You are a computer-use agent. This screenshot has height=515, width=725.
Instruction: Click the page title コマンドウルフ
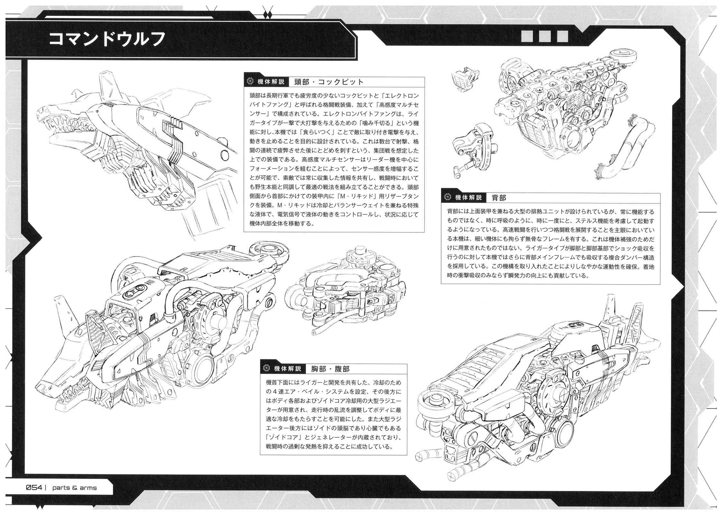(107, 39)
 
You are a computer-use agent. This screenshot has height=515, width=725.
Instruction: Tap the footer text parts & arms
(75, 488)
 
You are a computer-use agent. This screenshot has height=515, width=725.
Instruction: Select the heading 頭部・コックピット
(329, 82)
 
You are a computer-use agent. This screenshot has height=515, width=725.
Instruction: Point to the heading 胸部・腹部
(330, 369)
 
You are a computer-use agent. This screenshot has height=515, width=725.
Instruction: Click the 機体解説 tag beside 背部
(468, 197)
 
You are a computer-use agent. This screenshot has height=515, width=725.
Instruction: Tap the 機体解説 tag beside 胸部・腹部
(288, 369)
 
